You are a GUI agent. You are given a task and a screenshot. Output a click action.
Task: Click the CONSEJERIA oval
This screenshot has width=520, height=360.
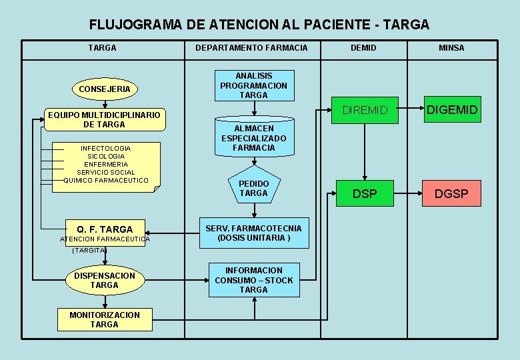click(105, 89)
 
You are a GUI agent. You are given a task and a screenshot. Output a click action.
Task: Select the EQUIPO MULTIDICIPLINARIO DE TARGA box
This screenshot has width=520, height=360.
click(104, 119)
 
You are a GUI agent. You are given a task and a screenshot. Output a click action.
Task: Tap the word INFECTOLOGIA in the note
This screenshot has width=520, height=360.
click(105, 148)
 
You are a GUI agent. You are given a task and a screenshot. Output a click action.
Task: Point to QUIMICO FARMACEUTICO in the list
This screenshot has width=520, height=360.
click(106, 180)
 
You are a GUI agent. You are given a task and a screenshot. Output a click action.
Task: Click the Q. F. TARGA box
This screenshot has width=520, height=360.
click(105, 229)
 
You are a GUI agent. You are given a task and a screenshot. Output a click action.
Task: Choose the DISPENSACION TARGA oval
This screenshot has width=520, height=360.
click(104, 281)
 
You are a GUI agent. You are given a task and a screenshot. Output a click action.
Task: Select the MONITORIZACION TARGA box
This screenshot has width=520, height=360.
click(105, 319)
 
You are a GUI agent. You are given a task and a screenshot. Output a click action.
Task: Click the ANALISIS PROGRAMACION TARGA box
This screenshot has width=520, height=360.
click(253, 85)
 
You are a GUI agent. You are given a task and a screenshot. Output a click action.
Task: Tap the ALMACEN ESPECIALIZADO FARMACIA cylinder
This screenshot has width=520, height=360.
click(253, 138)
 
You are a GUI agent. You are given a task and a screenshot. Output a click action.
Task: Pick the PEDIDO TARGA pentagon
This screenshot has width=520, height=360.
click(253, 187)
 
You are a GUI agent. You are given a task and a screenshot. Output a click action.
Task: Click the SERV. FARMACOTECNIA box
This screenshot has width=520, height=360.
click(253, 233)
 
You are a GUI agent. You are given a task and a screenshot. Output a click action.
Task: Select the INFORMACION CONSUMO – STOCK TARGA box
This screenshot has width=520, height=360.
click(253, 280)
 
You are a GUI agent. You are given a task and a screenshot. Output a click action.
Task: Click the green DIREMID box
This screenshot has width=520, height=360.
click(364, 110)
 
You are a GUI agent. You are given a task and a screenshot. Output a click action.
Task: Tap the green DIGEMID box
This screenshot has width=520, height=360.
click(452, 110)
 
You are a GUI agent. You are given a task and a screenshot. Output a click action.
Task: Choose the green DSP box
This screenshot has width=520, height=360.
click(364, 194)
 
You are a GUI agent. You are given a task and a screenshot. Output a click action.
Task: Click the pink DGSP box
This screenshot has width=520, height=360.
click(452, 194)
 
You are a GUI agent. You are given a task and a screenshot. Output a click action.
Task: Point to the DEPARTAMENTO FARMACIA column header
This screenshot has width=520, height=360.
click(251, 48)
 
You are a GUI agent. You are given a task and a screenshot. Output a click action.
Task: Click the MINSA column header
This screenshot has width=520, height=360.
click(451, 48)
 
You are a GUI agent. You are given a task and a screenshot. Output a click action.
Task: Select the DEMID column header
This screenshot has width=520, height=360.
click(363, 48)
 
